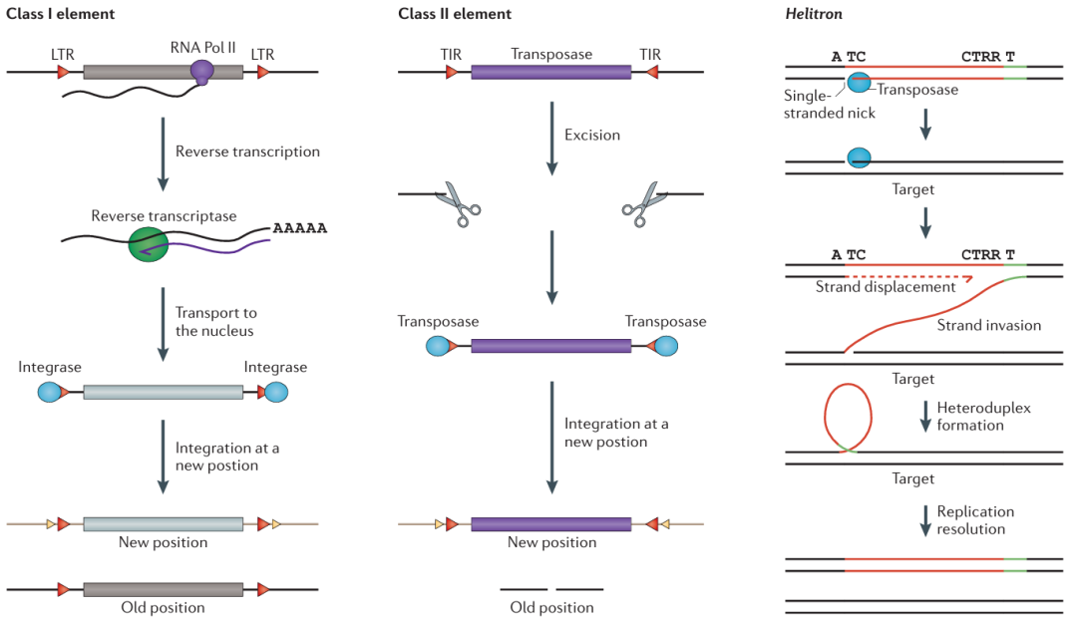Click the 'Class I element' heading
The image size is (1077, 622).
(x=61, y=14)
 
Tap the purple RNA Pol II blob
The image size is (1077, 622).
(x=202, y=71)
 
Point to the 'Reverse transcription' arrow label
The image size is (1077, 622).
(x=247, y=152)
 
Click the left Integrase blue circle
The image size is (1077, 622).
(x=50, y=392)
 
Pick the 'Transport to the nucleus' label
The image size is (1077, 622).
(x=214, y=322)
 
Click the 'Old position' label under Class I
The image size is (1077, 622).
(x=163, y=608)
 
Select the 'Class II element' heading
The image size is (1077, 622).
(x=455, y=14)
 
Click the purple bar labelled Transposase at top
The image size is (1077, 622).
(x=550, y=73)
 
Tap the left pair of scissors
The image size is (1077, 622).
(x=458, y=198)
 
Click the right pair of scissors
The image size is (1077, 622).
(x=641, y=198)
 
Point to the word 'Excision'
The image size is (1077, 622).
(x=592, y=135)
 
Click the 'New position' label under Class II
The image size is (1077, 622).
(x=551, y=542)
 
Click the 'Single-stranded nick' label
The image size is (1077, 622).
(x=830, y=105)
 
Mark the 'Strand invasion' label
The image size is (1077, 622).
(x=990, y=325)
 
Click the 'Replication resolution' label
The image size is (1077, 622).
(x=975, y=519)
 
